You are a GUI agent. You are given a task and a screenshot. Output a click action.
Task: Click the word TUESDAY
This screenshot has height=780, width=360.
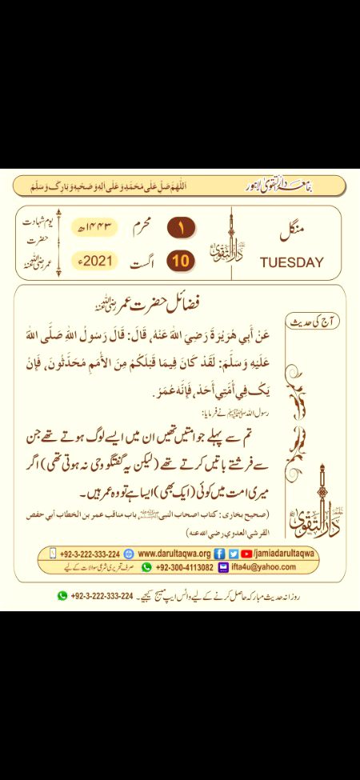click(x=292, y=262)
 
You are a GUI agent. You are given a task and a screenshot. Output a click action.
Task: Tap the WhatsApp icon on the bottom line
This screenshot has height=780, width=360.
click(x=62, y=595)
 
